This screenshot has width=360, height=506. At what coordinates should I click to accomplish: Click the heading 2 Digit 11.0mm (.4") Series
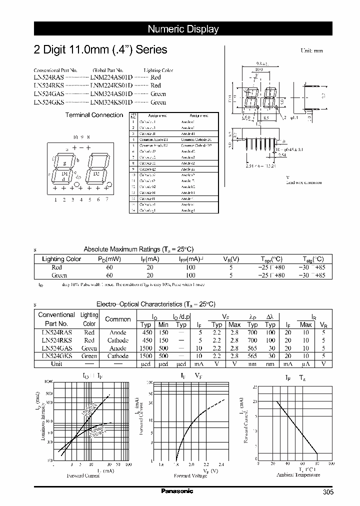100,50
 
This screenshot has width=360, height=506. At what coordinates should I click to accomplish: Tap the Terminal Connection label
94,115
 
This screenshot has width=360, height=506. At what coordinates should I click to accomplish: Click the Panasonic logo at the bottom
177,491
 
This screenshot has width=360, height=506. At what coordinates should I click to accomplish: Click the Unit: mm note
311,51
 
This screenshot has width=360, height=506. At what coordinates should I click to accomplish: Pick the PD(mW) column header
109,259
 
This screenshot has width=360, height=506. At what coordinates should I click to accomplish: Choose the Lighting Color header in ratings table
61,259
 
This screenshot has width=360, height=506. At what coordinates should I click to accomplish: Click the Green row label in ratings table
59,275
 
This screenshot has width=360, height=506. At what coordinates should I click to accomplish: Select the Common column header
118,319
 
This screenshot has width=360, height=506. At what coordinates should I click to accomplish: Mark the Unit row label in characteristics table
56,364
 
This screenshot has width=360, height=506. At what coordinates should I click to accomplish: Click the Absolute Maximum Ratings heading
138,249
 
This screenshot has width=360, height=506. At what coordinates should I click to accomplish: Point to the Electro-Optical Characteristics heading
155,304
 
